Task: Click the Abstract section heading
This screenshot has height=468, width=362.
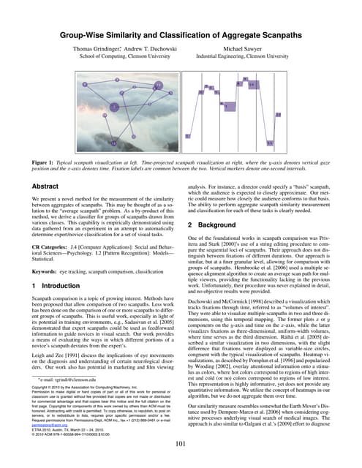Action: click(43, 187)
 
